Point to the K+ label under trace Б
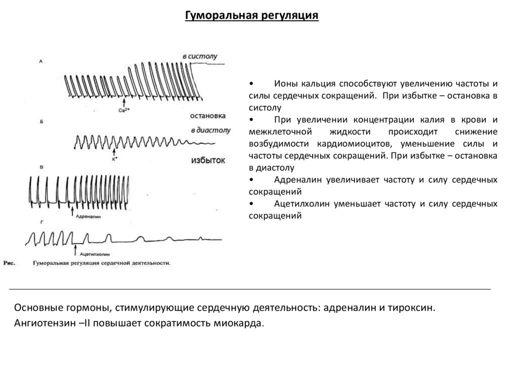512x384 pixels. click(x=114, y=160)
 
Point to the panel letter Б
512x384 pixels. click(x=40, y=121)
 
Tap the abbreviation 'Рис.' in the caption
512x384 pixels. click(x=10, y=262)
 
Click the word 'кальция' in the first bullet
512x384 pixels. click(x=314, y=83)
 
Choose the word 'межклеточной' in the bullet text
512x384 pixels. click(x=277, y=132)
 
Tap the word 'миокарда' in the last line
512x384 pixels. click(x=243, y=323)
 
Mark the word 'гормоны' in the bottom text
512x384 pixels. click(x=83, y=307)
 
